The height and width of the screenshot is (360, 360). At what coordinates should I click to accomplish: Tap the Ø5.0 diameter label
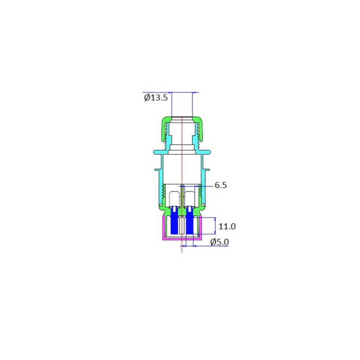coord(220,242)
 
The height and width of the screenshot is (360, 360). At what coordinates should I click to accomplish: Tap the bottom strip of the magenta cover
coord(182,238)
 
